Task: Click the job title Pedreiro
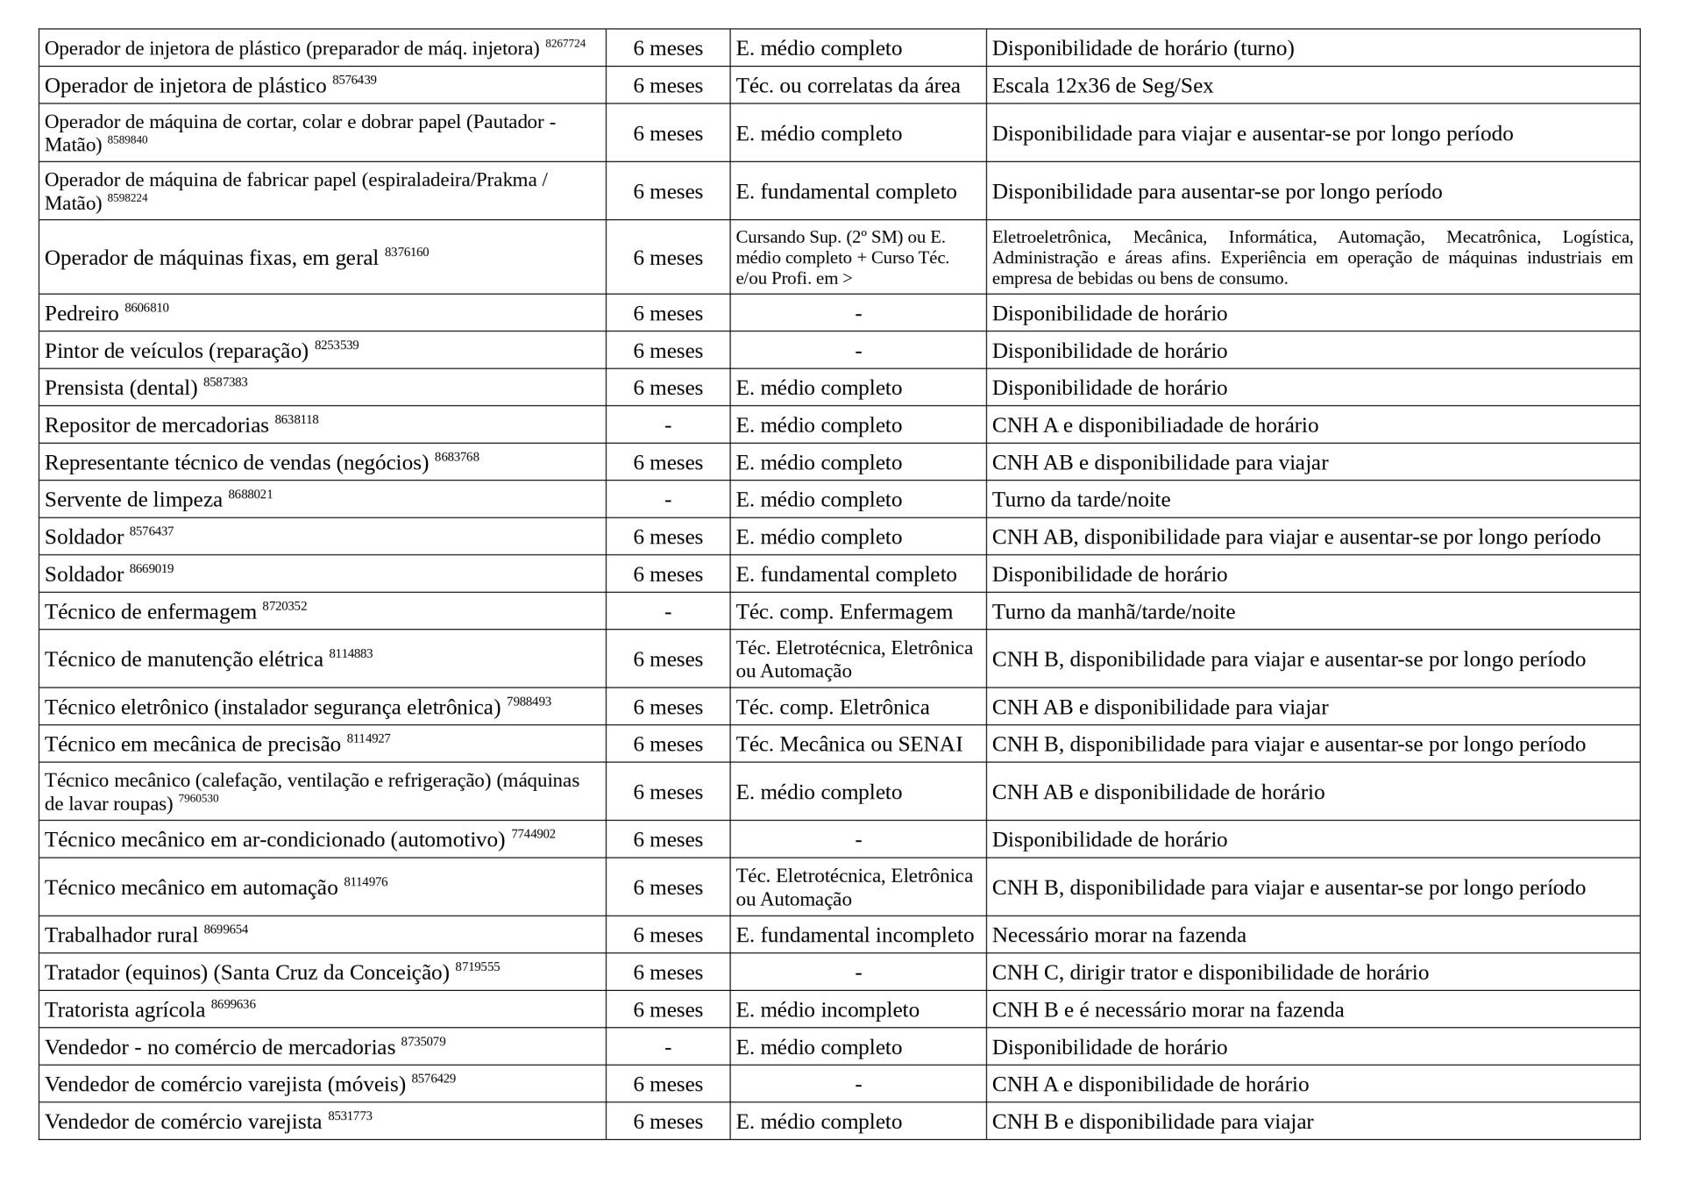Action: pyautogui.click(x=82, y=314)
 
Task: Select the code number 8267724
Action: pyautogui.click(x=565, y=43)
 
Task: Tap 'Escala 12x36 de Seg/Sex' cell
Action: pyautogui.click(x=1102, y=86)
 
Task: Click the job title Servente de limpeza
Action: pyautogui.click(x=133, y=500)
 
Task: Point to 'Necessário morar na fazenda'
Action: pyautogui.click(x=1118, y=936)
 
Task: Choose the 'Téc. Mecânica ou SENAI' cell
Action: pyautogui.click(x=849, y=745)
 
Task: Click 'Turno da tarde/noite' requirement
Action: pyautogui.click(x=1081, y=500)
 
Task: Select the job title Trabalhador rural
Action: pyautogui.click(x=121, y=936)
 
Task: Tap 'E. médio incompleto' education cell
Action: pyautogui.click(x=827, y=1010)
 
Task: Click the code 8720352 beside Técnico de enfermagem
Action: pyautogui.click(x=285, y=606)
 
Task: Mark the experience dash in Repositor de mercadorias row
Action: pyautogui.click(x=668, y=426)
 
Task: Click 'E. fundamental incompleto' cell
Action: pyautogui.click(x=855, y=936)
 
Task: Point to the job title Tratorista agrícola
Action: pyautogui.click(x=124, y=1010)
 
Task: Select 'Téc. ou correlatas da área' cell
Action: pyautogui.click(x=848, y=86)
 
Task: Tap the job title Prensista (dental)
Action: pyautogui.click(x=121, y=388)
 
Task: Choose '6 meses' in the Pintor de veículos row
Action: pyautogui.click(x=668, y=351)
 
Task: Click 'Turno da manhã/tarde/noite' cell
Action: pyautogui.click(x=1113, y=612)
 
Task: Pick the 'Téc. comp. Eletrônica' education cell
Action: pyautogui.click(x=832, y=708)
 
